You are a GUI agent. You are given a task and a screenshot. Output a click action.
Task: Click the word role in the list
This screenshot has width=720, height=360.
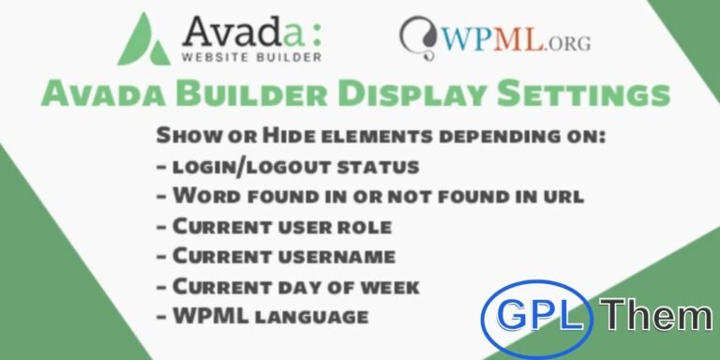367,226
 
